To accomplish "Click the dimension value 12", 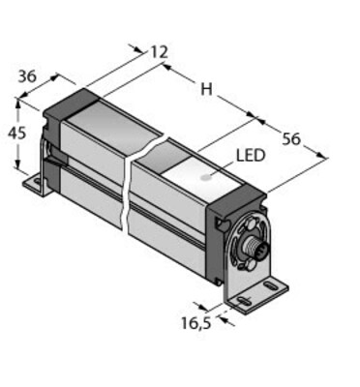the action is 160,52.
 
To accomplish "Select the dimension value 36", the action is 27,76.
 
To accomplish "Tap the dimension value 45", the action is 16,133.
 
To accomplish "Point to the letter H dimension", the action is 206,89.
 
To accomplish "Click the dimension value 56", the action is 291,139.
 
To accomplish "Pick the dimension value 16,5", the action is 196,323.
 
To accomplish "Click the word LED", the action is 251,156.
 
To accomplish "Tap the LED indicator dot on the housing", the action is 205,177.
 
